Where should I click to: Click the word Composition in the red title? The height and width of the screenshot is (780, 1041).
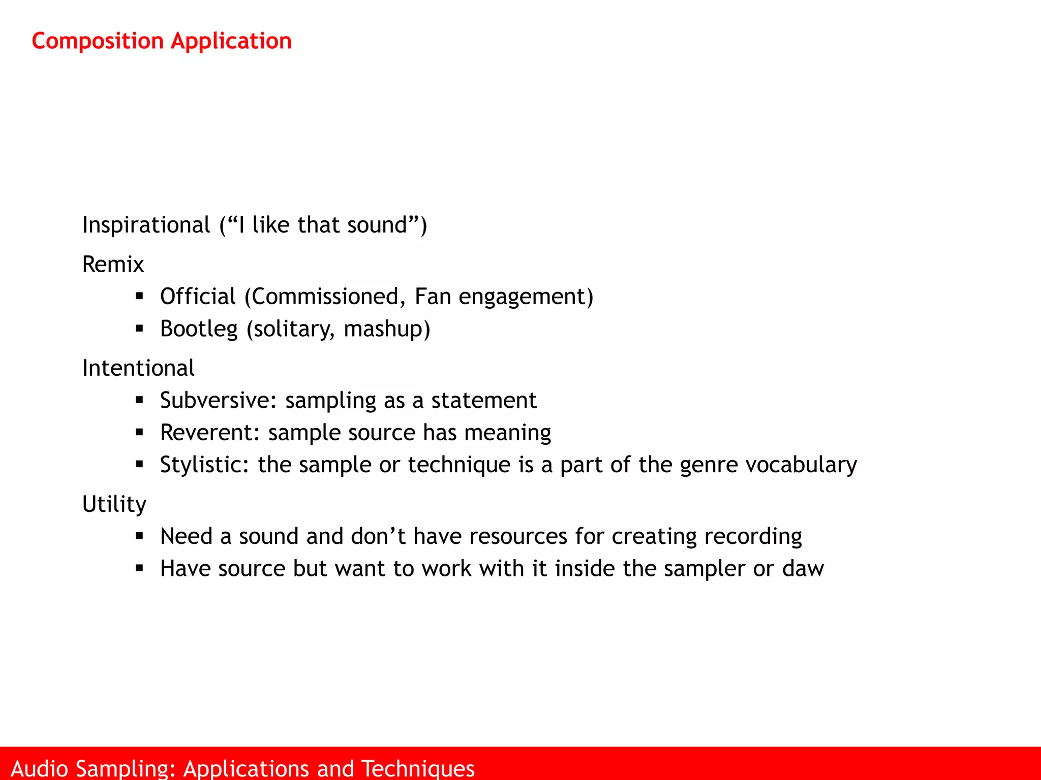click(98, 41)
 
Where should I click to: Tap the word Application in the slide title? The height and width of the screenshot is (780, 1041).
click(231, 41)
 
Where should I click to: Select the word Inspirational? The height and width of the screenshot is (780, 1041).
click(146, 225)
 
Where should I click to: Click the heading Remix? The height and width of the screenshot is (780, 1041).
click(113, 265)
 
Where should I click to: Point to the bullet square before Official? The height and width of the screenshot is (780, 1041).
click(139, 296)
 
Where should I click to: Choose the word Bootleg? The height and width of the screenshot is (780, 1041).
click(199, 329)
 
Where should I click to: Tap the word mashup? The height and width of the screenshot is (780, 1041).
click(386, 329)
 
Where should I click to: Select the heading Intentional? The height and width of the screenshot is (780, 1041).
click(138, 368)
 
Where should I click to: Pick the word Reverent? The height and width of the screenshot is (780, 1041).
click(210, 433)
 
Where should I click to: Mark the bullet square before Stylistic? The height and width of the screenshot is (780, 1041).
click(139, 464)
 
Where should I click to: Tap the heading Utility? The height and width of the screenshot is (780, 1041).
click(114, 504)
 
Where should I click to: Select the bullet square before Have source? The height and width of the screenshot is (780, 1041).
click(139, 568)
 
